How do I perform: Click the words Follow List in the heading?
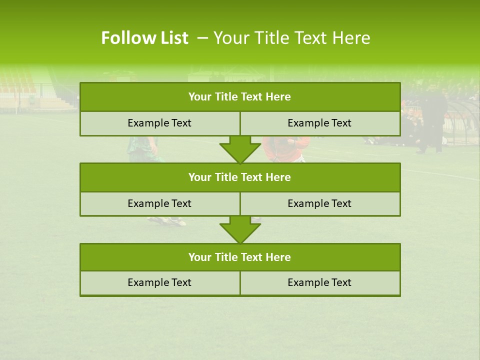tap(144, 38)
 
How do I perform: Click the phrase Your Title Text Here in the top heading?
tap(291, 38)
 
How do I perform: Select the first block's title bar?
tap(240, 97)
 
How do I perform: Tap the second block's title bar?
tap(240, 177)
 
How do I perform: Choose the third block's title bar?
tap(240, 257)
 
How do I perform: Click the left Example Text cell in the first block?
tap(159, 123)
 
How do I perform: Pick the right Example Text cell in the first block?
tap(320, 123)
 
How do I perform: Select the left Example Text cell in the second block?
tap(159, 204)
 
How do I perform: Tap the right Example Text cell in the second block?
tap(320, 204)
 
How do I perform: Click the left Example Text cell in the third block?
tap(159, 283)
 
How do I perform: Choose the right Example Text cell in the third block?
tap(320, 283)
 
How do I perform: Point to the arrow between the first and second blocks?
tap(240, 149)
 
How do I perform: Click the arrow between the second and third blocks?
tap(240, 229)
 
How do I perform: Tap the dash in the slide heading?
tap(202, 38)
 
